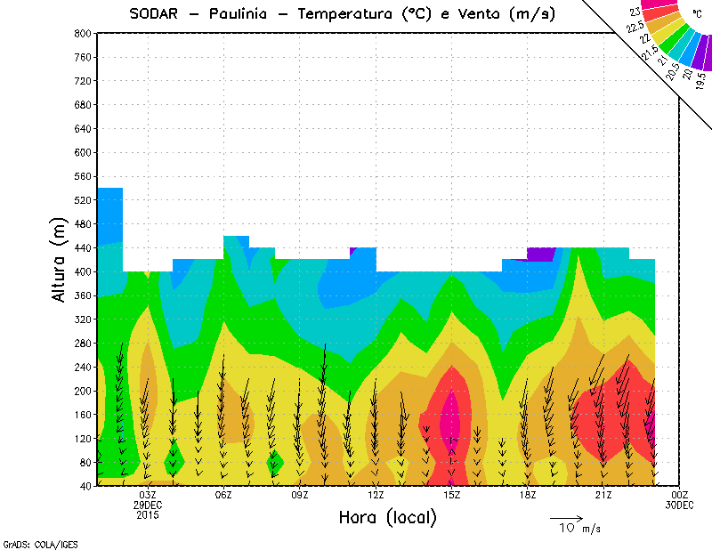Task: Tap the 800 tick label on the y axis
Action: click(84, 33)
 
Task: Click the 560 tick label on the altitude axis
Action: click(84, 177)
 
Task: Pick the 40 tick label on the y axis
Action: click(86, 487)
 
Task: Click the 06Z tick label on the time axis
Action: click(223, 495)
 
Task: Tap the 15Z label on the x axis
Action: click(452, 495)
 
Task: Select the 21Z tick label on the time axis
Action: click(604, 495)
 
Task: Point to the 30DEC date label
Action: click(680, 505)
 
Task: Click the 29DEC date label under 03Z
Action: click(148, 505)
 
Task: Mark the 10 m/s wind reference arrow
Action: click(566, 517)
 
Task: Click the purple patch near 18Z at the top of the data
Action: click(540, 254)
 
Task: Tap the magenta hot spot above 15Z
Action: click(452, 418)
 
